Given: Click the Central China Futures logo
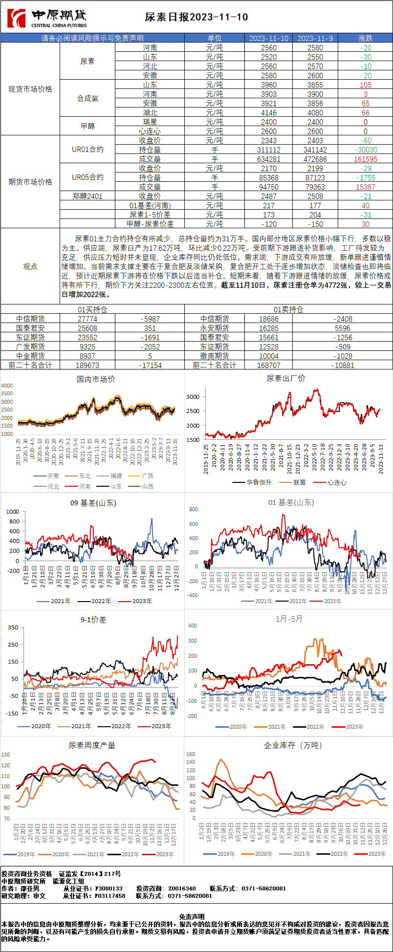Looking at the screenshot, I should (x=47, y=18).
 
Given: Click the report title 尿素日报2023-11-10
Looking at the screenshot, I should (x=196, y=17).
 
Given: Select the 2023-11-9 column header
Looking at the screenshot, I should (x=315, y=38).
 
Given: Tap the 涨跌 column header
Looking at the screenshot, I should (x=365, y=38).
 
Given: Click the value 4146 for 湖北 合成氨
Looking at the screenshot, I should (x=268, y=113).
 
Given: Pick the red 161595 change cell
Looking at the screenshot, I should (x=365, y=159).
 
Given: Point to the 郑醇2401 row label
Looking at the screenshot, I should (x=87, y=196).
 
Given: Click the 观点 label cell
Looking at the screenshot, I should (x=30, y=266).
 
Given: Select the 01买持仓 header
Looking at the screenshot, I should (x=92, y=309).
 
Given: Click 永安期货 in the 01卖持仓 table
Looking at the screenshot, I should (x=215, y=328).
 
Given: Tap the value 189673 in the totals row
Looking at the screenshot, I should (x=87, y=366).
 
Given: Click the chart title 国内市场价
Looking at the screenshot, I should (x=96, y=379).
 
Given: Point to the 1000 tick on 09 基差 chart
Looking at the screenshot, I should (x=13, y=512).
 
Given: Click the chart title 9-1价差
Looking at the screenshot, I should (x=93, y=620).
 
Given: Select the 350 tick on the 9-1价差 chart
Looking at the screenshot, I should (x=13, y=627).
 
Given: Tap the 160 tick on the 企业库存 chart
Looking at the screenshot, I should (x=191, y=754).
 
